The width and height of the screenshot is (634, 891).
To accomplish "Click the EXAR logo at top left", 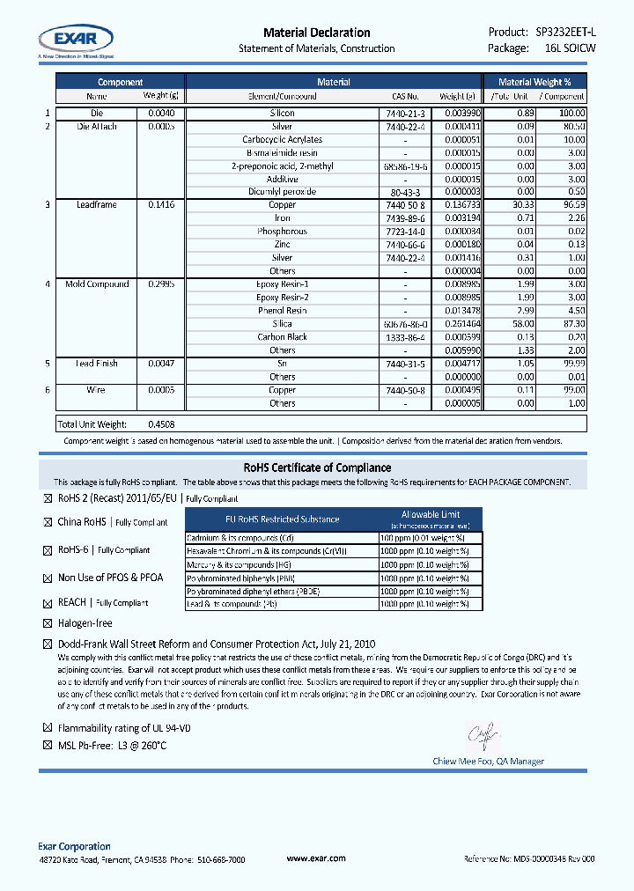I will pos(75,38).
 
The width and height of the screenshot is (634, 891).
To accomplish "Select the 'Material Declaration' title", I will pos(316,33).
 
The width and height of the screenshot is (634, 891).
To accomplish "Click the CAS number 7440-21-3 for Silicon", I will pos(405,114).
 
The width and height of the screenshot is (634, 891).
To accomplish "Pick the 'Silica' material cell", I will pos(282,324).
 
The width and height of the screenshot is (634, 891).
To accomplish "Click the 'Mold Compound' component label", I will pos(97,284).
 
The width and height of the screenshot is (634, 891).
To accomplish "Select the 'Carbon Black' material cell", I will pos(282,337).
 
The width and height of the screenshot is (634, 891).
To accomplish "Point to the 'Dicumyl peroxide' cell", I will pos(282,192).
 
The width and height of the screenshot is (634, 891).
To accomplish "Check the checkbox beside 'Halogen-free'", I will pos(48,623).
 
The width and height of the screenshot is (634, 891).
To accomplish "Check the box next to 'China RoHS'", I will pos(48,522).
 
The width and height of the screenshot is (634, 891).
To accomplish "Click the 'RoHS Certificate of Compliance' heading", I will pos(317,468).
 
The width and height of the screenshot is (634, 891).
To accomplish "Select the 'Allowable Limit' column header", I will pos(430,514).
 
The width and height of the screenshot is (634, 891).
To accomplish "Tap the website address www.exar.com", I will pos(316,858).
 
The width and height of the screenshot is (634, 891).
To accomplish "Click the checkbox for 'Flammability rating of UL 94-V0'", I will pos(48,729).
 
